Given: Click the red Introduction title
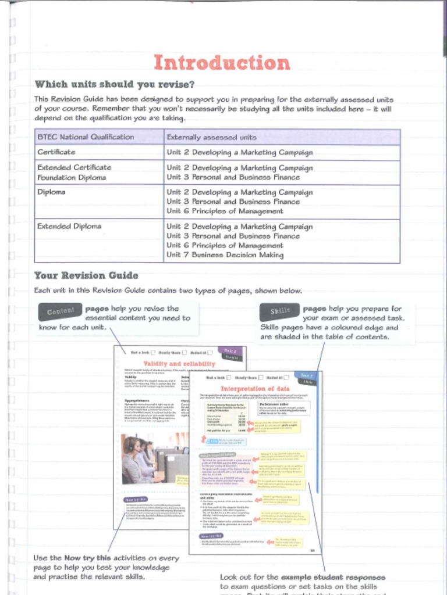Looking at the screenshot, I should point(221,63).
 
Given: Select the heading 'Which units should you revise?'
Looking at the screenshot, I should point(115,85).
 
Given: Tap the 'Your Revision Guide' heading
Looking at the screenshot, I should point(86,275).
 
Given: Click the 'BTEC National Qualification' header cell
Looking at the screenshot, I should point(86,137).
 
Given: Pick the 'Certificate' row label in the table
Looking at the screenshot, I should point(56,152).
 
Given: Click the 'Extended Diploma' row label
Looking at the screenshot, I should point(69,226).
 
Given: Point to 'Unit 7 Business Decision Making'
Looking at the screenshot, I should point(225,255).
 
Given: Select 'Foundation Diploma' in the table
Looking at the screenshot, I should point(72,177).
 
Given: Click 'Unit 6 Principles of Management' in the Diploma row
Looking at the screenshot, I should point(225,211).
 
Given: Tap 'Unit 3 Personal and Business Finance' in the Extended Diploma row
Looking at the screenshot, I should point(233,236).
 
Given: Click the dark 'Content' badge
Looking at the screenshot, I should point(61,312).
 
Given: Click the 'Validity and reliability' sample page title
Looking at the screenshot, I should point(179,364).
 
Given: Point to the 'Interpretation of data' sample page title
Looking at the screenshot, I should point(255,388).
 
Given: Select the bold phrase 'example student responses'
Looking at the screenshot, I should point(333,578).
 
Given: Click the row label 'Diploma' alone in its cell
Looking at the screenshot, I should point(51,192).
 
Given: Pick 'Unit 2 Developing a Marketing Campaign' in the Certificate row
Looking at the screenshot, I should point(239,153).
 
